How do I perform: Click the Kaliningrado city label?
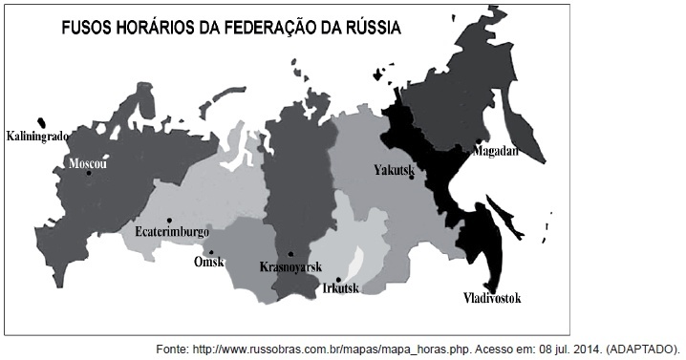37,137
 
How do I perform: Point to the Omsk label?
208,262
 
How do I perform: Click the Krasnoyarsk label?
290,267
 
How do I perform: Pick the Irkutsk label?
341,287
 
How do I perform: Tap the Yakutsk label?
392,170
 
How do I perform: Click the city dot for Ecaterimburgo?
169,219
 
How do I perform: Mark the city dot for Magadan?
478,142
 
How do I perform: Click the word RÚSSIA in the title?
371,28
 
